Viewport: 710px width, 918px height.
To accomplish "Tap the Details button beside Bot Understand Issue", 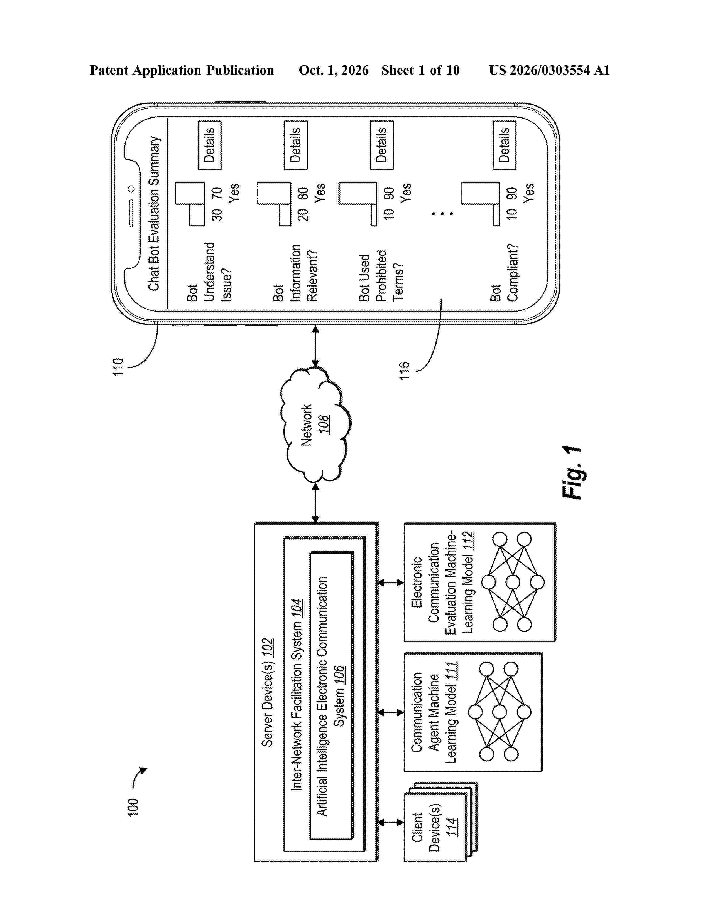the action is [x=209, y=145].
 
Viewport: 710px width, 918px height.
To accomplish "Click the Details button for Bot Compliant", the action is [x=504, y=145].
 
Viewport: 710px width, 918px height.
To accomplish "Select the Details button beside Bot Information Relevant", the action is [x=296, y=145].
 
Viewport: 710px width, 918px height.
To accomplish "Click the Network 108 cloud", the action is [x=315, y=425].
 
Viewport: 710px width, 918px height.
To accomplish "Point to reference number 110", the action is [x=118, y=367].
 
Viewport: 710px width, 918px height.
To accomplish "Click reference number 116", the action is [x=404, y=371].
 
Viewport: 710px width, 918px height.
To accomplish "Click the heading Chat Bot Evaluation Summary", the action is [x=154, y=213].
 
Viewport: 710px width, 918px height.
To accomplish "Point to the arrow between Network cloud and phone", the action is [x=315, y=346].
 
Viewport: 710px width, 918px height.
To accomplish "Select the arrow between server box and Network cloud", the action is [x=315, y=503].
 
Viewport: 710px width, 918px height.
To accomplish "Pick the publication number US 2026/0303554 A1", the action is [x=549, y=70].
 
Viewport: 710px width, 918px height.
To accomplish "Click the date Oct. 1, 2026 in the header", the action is [x=334, y=70].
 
